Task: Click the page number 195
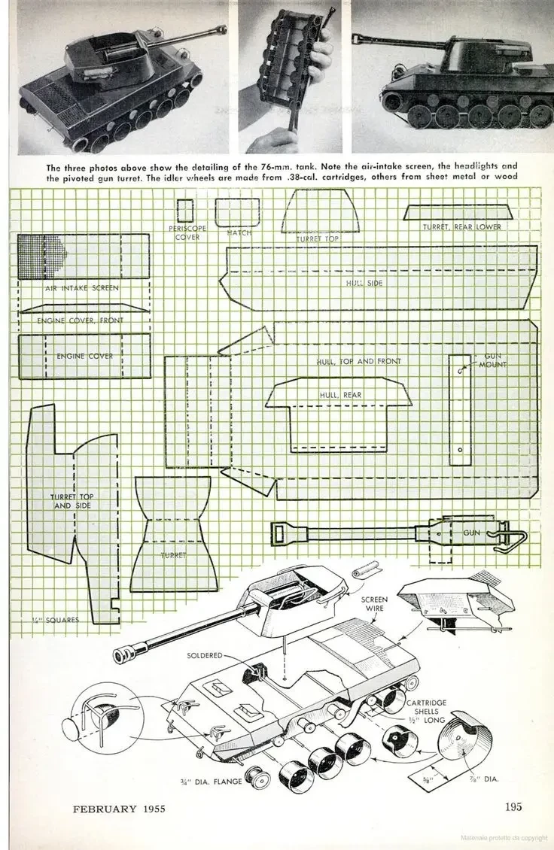point(513,807)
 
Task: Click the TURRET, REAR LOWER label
point(461,226)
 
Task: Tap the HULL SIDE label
point(364,283)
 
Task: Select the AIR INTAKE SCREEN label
point(82,287)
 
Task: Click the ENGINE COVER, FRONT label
point(81,320)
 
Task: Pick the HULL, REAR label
point(340,393)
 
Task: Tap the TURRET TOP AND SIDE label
point(72,502)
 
